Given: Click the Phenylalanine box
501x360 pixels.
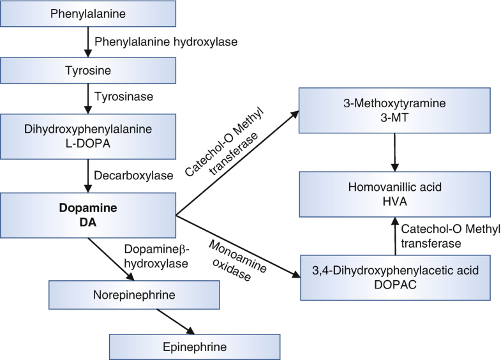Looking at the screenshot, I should click(88, 13).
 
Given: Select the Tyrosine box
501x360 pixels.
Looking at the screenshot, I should click(88, 70).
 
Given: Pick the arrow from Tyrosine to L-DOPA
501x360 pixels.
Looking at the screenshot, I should click(88, 99).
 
